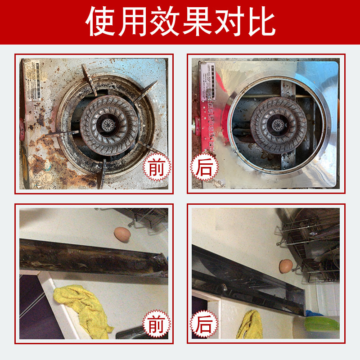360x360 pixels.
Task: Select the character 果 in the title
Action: [197, 22]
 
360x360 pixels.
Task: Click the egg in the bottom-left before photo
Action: [121, 234]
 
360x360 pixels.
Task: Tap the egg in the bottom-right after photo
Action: [285, 266]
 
